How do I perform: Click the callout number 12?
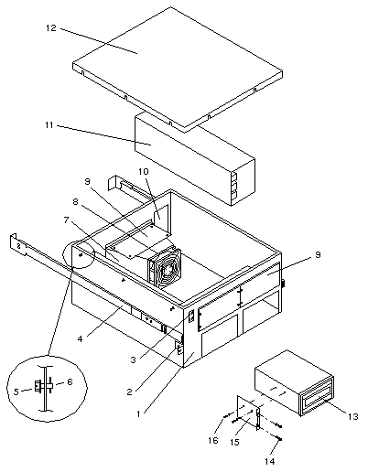pyautogui.click(x=51, y=28)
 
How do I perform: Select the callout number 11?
pyautogui.click(x=49, y=125)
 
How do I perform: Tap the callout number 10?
pyautogui.click(x=143, y=171)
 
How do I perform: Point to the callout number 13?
pyautogui.click(x=353, y=416)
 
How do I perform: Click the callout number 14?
pyautogui.click(x=269, y=461)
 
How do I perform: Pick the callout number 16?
pyautogui.click(x=213, y=440)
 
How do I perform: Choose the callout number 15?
pyautogui.click(x=234, y=442)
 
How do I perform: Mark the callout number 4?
pyautogui.click(x=80, y=338)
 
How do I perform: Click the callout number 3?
pyautogui.click(x=133, y=359)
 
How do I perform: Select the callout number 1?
pyautogui.click(x=138, y=413)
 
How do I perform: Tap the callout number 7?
pyautogui.click(x=67, y=220)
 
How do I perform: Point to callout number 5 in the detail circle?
pyautogui.click(x=16, y=392)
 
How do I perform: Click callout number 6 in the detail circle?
pyautogui.click(x=70, y=381)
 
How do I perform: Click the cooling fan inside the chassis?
pyautogui.click(x=164, y=267)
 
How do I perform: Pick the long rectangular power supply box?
pyautogui.click(x=195, y=158)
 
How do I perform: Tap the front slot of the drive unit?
pyautogui.click(x=316, y=397)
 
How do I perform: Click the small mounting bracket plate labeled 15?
pyautogui.click(x=248, y=413)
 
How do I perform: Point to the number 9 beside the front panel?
pyautogui.click(x=318, y=254)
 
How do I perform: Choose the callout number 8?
pyautogui.click(x=75, y=201)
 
